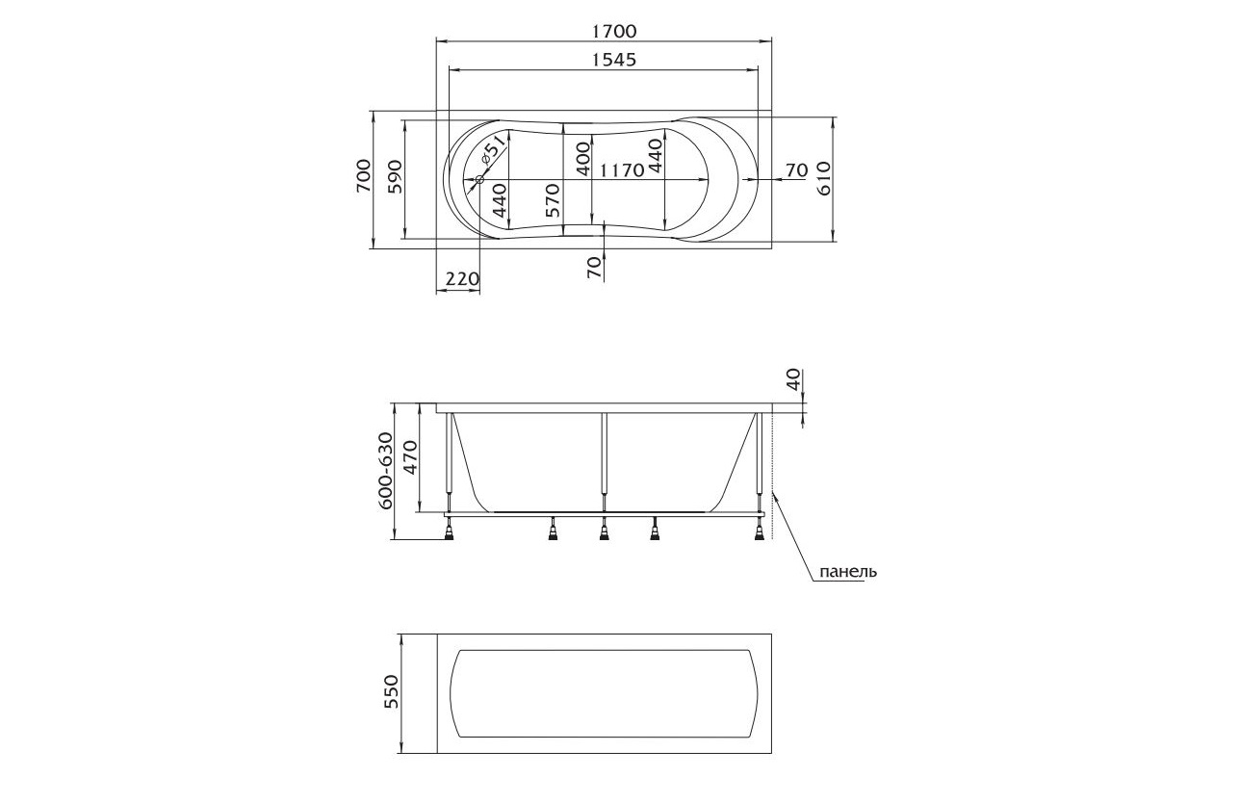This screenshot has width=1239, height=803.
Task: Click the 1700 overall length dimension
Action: [x=614, y=31]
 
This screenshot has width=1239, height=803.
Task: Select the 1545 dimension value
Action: [x=614, y=60]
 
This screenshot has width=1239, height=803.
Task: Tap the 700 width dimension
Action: [x=363, y=176]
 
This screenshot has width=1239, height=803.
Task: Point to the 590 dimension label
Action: [x=395, y=177]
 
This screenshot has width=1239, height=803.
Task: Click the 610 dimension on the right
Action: [x=824, y=178]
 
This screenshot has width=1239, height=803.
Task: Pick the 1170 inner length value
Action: [x=623, y=169]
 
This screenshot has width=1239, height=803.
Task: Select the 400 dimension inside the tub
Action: [x=583, y=159]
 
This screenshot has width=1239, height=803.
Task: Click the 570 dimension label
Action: [x=553, y=200]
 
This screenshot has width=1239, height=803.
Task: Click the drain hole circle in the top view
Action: [x=479, y=180]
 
